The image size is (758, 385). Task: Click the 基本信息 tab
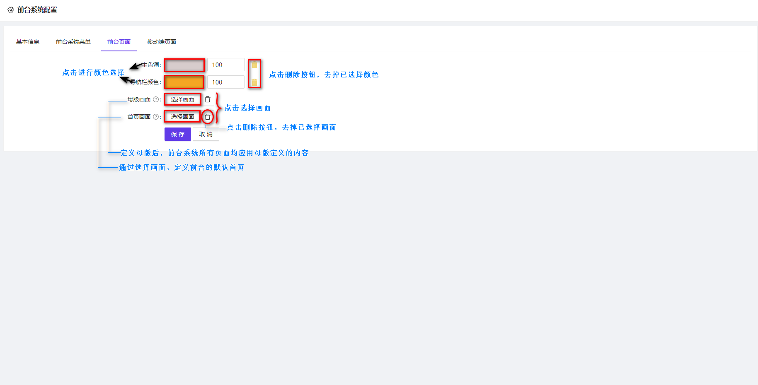tap(28, 42)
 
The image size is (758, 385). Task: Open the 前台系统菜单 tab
tap(73, 42)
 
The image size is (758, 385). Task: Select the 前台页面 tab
tap(119, 42)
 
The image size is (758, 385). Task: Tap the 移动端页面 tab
tap(162, 42)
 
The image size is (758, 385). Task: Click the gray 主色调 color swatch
tap(184, 65)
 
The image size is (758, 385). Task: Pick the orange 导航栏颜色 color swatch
tap(184, 82)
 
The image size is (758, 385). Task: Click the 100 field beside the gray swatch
tap(225, 65)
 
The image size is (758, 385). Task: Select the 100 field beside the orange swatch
tap(225, 82)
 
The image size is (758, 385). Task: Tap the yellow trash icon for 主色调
tap(254, 65)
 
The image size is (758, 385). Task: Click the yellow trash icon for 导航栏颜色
tap(254, 82)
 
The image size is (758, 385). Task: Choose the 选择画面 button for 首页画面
tap(182, 117)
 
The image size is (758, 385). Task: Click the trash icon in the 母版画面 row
tap(208, 99)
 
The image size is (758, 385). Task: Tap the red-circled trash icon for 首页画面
tap(208, 117)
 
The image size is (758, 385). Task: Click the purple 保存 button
tap(178, 134)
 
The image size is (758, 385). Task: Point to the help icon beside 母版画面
tap(156, 99)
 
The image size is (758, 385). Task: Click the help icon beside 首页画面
tap(156, 117)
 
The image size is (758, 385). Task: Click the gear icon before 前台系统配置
tap(11, 10)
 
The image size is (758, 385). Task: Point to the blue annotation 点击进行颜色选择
tap(93, 72)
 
